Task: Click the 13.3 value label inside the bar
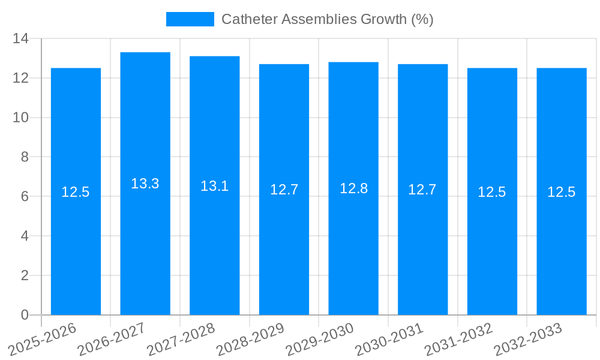(145, 184)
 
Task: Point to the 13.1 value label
(215, 186)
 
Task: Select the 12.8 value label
(353, 188)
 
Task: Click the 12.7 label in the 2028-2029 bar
(284, 190)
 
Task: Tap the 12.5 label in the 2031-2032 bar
(492, 192)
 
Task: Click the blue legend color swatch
(190, 19)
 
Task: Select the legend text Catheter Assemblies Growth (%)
(327, 19)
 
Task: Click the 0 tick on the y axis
(25, 315)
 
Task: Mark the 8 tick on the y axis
(25, 157)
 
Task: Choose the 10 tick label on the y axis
(21, 118)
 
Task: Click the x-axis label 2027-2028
(181, 340)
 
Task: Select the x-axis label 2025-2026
(42, 340)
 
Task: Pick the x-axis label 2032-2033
(527, 340)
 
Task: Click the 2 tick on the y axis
(25, 275)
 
